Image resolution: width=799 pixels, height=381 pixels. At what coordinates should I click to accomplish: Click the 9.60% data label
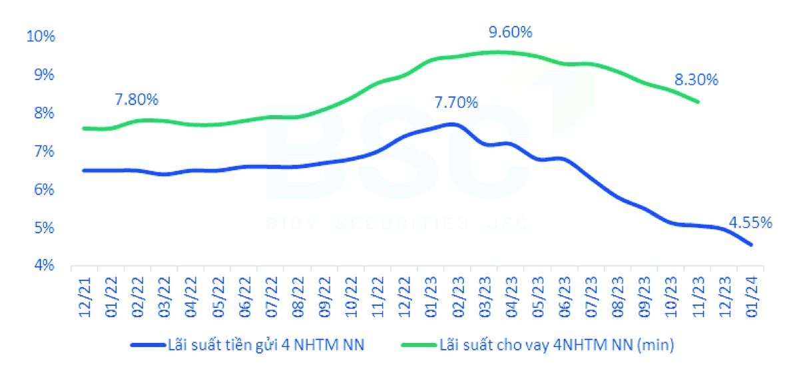pos(510,32)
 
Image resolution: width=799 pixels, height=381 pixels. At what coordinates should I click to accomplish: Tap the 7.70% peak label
pos(456,103)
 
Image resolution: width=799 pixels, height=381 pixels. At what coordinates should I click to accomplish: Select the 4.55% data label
pos(750,222)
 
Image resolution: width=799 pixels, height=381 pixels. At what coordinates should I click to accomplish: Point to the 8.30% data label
pos(696,80)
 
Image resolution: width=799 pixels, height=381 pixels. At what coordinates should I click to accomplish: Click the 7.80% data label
pos(136,100)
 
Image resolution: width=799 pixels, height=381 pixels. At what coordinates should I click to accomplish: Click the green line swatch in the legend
pos(417,345)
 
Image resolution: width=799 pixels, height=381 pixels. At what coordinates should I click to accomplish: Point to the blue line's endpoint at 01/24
pos(751,245)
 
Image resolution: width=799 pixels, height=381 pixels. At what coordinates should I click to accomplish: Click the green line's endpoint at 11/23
pos(698,102)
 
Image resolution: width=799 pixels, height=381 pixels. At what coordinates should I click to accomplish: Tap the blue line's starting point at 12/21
pos(84,171)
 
